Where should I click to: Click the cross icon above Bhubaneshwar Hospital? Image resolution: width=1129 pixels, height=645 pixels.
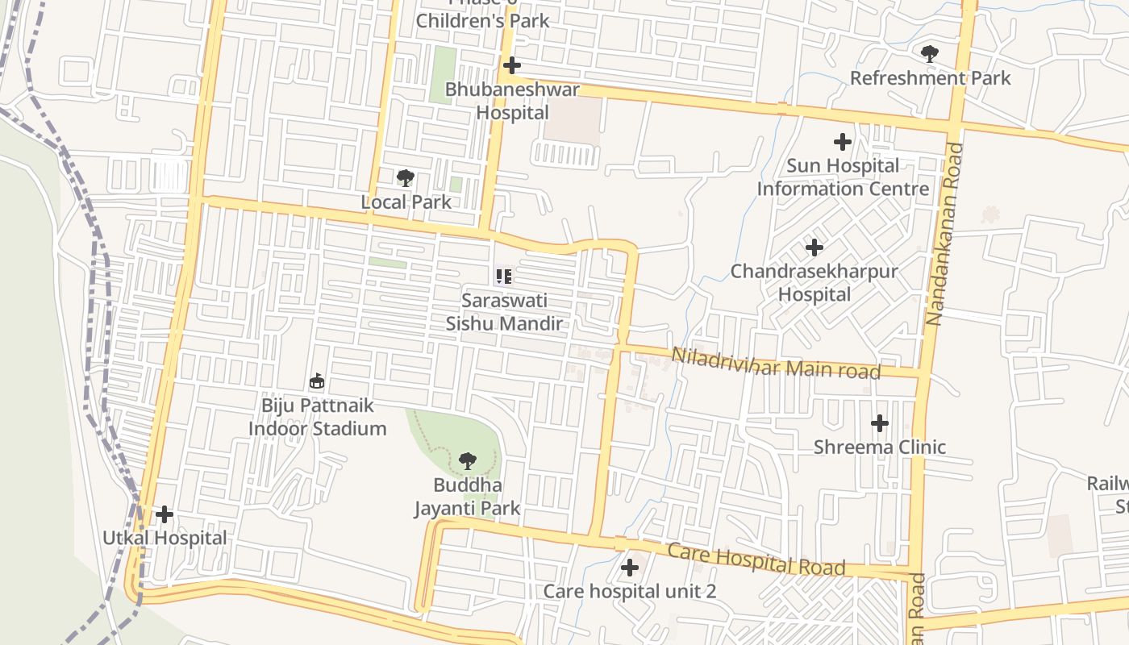pyautogui.click(x=511, y=65)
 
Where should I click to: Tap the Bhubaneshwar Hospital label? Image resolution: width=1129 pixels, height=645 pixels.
pyautogui.click(x=512, y=101)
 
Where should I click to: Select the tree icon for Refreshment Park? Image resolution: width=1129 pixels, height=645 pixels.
pyautogui.click(x=929, y=54)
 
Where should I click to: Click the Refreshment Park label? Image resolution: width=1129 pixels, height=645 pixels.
pyautogui.click(x=930, y=78)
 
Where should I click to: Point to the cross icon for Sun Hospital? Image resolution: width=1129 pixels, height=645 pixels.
pyautogui.click(x=842, y=142)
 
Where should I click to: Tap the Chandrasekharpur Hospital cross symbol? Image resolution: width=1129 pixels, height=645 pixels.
pyautogui.click(x=814, y=247)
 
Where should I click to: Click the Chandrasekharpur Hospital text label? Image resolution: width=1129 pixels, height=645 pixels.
pyautogui.click(x=814, y=283)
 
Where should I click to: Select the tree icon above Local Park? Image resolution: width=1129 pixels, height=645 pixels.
pyautogui.click(x=406, y=178)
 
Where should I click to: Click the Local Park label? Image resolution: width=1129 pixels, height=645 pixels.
pyautogui.click(x=406, y=202)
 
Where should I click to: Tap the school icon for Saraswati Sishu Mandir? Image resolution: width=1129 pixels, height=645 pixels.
pyautogui.click(x=504, y=277)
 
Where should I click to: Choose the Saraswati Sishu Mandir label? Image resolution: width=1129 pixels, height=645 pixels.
pyautogui.click(x=504, y=312)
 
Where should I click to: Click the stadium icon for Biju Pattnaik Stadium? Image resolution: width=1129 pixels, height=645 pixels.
pyautogui.click(x=317, y=381)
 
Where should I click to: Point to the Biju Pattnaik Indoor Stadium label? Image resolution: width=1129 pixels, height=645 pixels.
pyautogui.click(x=317, y=417)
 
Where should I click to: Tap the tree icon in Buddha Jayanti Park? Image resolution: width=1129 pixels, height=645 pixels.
pyautogui.click(x=467, y=461)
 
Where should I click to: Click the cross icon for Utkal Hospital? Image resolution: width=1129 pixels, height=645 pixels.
pyautogui.click(x=164, y=514)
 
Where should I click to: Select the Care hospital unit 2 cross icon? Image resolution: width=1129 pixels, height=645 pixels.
pyautogui.click(x=629, y=568)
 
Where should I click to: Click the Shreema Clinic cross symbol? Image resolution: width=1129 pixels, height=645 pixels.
pyautogui.click(x=879, y=422)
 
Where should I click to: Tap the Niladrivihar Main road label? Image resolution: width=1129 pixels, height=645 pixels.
pyautogui.click(x=775, y=364)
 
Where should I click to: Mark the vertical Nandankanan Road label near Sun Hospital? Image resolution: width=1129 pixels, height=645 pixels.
pyautogui.click(x=935, y=234)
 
